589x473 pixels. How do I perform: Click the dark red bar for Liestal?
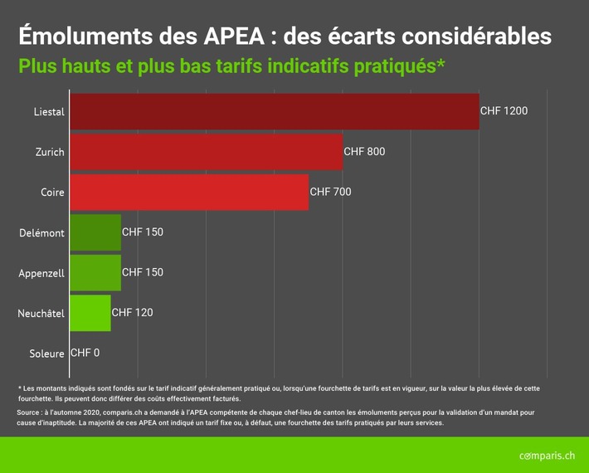click(x=274, y=111)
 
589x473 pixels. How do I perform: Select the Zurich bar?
click(x=206, y=152)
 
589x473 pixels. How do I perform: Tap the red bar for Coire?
click(x=188, y=192)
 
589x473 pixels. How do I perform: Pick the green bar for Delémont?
click(x=95, y=232)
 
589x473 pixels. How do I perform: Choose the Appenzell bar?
click(x=95, y=272)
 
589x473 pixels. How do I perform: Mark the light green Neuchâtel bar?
click(x=90, y=313)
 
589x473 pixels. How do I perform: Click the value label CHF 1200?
click(x=504, y=111)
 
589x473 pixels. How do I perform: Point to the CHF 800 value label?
click(x=364, y=152)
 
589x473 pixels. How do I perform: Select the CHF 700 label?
click(x=330, y=192)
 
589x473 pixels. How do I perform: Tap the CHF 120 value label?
click(x=132, y=313)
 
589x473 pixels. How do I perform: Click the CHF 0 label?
click(x=85, y=353)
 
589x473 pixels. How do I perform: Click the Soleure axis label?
click(x=46, y=354)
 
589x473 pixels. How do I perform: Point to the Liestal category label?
click(x=48, y=112)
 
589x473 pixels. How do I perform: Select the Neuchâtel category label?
click(x=41, y=314)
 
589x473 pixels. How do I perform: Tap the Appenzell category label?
click(x=41, y=273)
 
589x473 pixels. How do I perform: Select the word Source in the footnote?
click(x=31, y=412)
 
